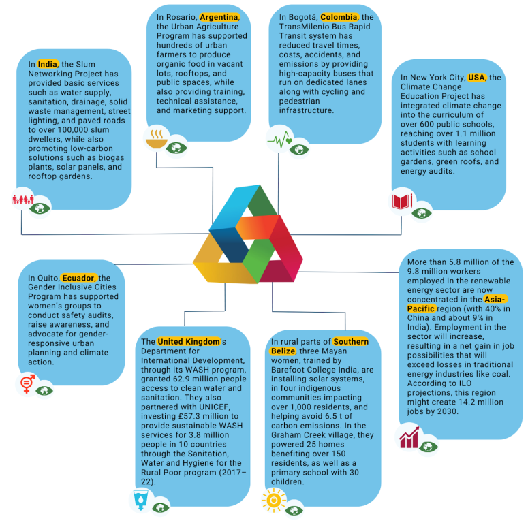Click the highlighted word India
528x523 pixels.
click(x=48, y=65)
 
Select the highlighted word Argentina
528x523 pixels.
click(x=219, y=17)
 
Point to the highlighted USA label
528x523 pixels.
click(x=476, y=78)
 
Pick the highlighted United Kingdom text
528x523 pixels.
click(x=189, y=340)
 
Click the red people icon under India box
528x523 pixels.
click(x=22, y=200)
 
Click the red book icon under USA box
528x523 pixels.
click(x=401, y=202)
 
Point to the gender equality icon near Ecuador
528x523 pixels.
click(x=26, y=384)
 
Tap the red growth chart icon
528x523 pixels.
click(x=409, y=437)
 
